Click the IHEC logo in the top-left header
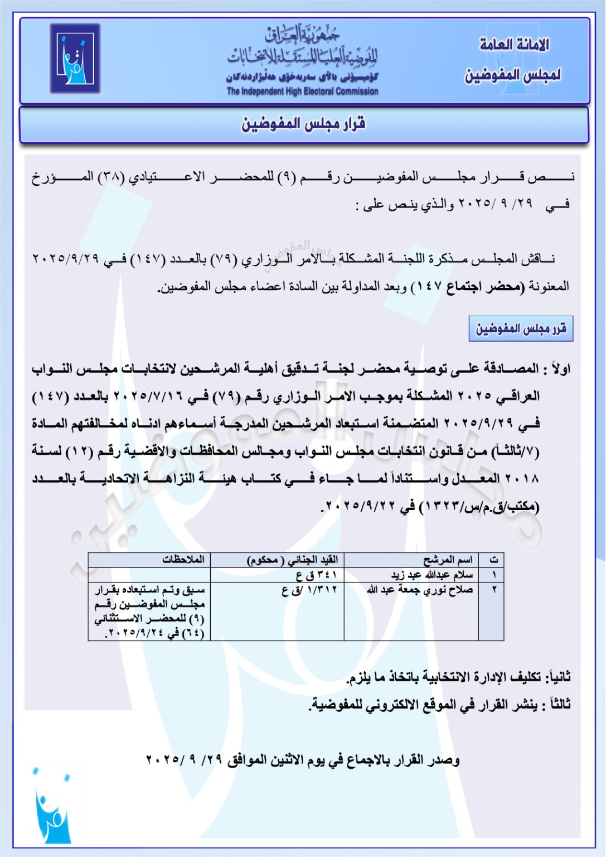(75, 58)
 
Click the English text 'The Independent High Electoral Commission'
(302, 92)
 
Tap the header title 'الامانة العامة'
(514, 45)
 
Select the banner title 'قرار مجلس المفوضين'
(303, 124)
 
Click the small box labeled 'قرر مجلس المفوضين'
(521, 329)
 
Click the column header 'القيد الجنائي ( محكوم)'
(292, 560)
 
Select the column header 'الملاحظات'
(183, 560)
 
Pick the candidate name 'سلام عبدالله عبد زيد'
(432, 575)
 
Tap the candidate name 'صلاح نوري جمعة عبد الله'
(420, 590)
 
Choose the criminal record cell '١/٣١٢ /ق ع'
(309, 590)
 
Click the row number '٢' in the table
(494, 590)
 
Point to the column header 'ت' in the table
(493, 560)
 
